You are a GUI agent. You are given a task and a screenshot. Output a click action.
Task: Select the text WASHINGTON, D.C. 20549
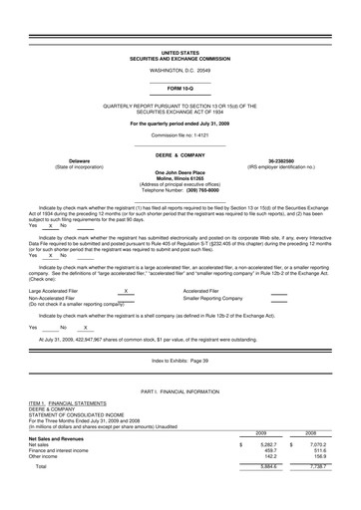(x=180, y=71)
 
